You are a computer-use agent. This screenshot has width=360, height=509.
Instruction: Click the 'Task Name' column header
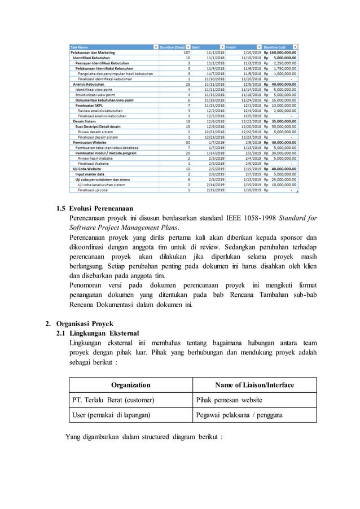pos(78,46)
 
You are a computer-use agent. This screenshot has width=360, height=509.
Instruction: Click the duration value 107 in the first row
pos(186,52)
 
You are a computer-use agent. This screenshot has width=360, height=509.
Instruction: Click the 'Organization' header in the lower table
pos(130,385)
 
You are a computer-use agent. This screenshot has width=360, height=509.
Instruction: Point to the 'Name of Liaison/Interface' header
pos(254,385)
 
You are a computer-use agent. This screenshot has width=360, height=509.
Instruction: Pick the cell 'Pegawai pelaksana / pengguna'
pos(240,415)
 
